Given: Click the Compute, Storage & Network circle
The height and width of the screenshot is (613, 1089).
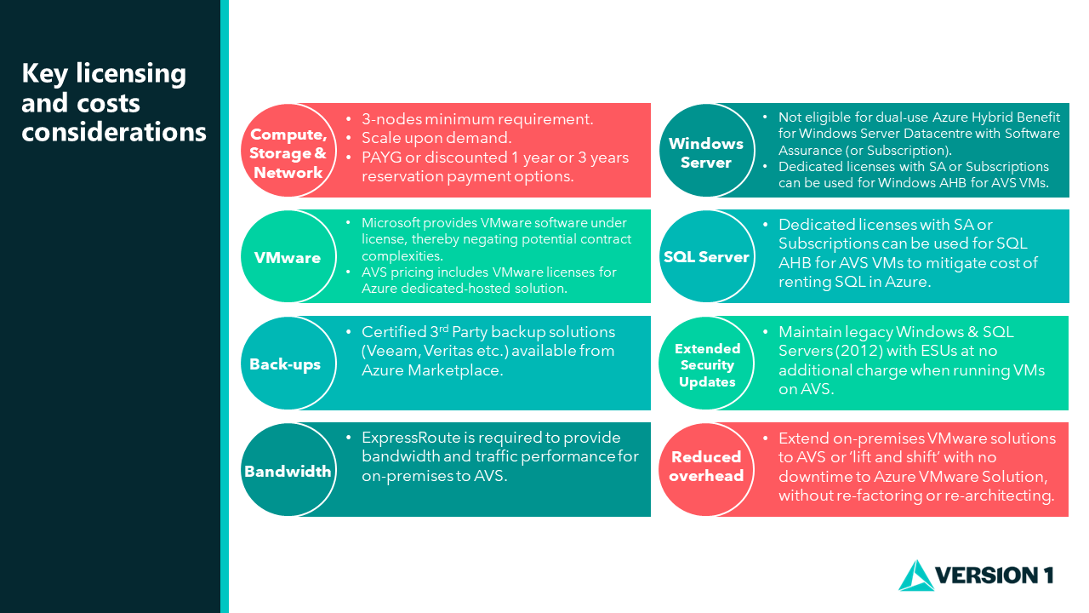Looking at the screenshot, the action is coord(288,151).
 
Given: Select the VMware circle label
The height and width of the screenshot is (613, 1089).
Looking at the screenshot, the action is coord(288,257).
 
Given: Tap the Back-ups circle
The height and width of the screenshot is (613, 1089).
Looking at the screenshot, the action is coord(288,364).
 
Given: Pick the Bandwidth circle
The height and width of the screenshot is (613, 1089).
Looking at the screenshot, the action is coord(288,470).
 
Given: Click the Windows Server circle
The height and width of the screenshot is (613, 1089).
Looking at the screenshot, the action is coord(706,151).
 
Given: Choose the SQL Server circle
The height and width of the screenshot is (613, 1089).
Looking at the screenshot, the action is coord(706,257).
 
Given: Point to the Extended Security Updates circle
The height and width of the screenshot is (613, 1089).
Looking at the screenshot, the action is coord(706,364).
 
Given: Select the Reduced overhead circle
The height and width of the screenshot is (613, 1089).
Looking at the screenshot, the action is coord(706,470).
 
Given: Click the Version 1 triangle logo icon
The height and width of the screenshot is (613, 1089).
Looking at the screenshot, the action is coord(916,577).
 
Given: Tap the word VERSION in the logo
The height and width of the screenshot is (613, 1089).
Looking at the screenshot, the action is coord(985,576).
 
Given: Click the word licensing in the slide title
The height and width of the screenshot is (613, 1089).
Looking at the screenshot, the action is coord(131,74).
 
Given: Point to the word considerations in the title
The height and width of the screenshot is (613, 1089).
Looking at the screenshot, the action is coord(114,132).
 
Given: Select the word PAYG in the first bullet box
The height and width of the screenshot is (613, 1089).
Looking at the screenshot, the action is coord(382,158).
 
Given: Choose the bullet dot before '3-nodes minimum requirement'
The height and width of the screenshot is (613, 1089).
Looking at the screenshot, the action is coord(349,118).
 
